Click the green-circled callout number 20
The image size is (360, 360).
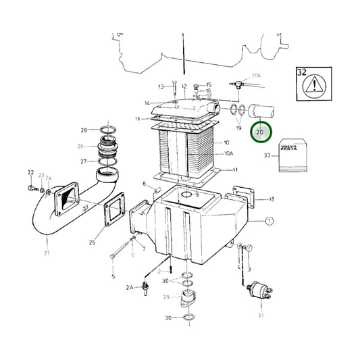coord(259,132)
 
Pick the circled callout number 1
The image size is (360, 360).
coord(269,221)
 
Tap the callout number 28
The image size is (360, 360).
coord(84,130)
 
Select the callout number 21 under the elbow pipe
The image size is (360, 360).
coord(47,253)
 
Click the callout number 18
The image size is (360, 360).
coord(271,199)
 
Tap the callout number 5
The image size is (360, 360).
coord(113,277)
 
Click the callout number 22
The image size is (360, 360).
coord(30,173)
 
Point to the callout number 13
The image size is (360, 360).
coord(161,87)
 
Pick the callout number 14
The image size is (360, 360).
coord(147,103)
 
